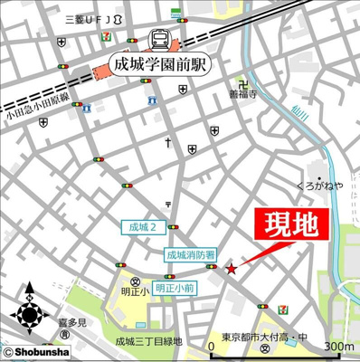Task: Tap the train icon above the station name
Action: (159, 40)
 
